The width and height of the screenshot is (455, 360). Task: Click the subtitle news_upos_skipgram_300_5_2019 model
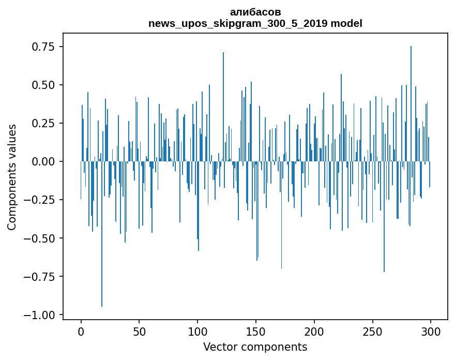[255, 23]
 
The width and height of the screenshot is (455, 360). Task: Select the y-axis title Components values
[12, 177]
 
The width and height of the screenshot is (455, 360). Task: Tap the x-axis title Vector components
[255, 347]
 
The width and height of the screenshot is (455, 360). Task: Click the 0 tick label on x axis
[81, 332]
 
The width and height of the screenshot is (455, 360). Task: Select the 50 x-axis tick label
[139, 332]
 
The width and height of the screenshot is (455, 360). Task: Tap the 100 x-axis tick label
[198, 332]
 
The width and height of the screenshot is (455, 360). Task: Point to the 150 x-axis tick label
[256, 332]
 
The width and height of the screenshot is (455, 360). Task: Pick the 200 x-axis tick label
[314, 332]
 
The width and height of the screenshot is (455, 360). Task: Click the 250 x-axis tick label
[372, 332]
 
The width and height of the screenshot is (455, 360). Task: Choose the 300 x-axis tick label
[431, 332]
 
